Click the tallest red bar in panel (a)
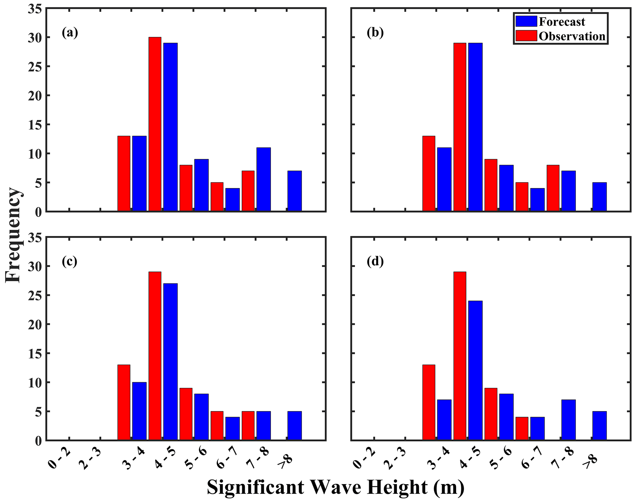click(x=155, y=124)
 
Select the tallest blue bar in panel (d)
click(x=475, y=370)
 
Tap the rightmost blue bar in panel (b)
click(x=599, y=197)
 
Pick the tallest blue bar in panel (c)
click(x=170, y=362)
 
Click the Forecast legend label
click(x=562, y=22)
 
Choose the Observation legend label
click(x=572, y=36)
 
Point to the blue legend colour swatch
click(x=526, y=22)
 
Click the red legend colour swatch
click(x=526, y=36)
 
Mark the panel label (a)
click(x=70, y=32)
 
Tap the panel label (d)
click(x=375, y=261)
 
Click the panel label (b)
click(x=375, y=32)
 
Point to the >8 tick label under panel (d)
click(x=589, y=462)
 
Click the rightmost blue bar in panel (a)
click(x=294, y=191)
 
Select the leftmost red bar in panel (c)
click(x=124, y=402)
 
